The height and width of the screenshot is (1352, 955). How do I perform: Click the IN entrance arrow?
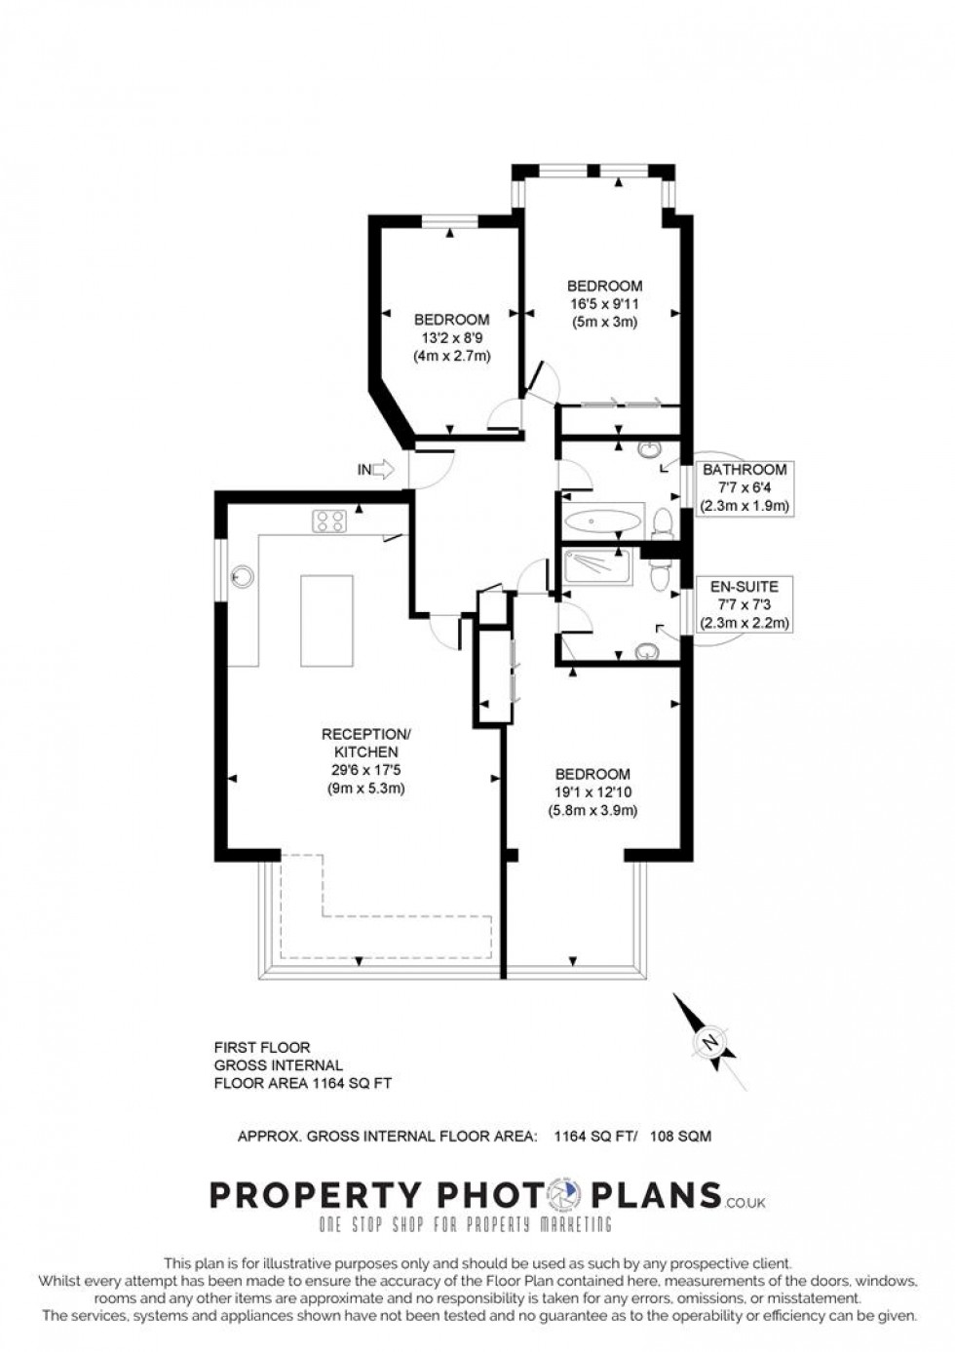click(x=375, y=470)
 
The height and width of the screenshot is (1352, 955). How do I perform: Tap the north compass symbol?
click(x=709, y=1042)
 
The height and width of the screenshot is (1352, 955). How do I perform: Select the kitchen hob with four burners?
click(x=329, y=521)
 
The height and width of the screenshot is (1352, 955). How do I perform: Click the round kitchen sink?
click(x=241, y=577)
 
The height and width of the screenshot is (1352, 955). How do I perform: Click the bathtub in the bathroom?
click(x=604, y=521)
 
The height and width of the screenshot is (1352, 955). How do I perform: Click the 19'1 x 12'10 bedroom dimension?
click(x=594, y=792)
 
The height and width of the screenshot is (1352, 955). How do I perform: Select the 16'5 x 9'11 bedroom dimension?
click(x=604, y=304)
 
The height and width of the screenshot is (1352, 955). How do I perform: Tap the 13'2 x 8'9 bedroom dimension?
click(x=451, y=337)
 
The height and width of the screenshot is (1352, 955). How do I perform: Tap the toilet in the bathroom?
click(x=663, y=522)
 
